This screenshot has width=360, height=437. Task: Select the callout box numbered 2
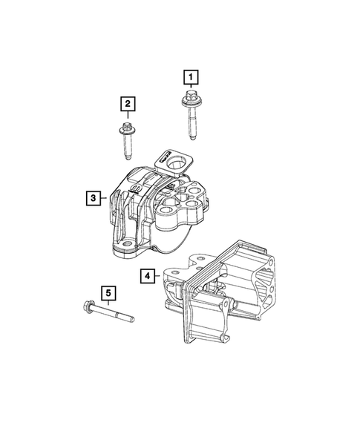(x=128, y=103)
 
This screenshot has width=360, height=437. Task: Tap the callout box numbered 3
(x=93, y=197)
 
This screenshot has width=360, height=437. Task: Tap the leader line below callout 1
(x=192, y=87)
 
